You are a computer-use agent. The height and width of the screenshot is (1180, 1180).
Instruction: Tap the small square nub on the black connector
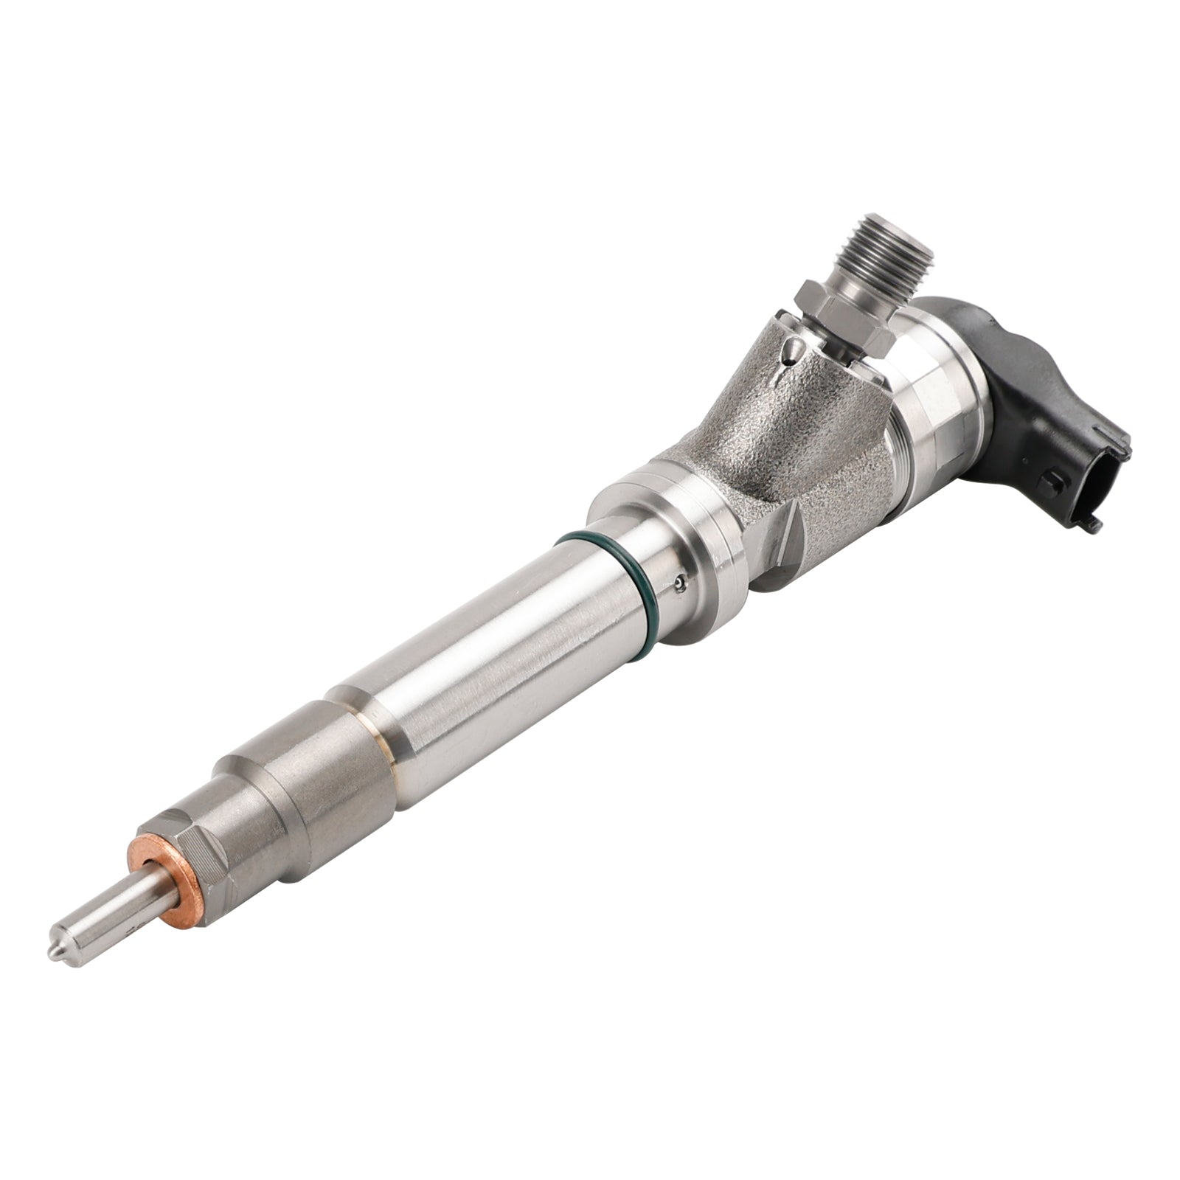[x=1051, y=484]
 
